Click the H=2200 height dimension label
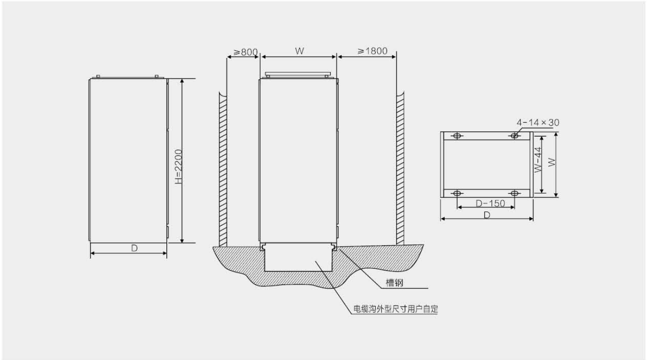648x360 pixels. pyautogui.click(x=179, y=167)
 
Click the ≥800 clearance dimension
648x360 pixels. pyautogui.click(x=245, y=52)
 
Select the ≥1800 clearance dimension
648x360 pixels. pyautogui.click(x=372, y=51)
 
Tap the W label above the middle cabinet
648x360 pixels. pyautogui.click(x=299, y=51)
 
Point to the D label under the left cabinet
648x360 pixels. pyautogui.click(x=134, y=248)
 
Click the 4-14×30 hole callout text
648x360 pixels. pyautogui.click(x=538, y=123)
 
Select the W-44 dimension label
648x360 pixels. pyautogui.click(x=538, y=160)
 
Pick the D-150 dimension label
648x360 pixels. pyautogui.click(x=490, y=203)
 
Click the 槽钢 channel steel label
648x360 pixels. pyautogui.click(x=394, y=283)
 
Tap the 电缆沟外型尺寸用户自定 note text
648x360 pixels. pyautogui.click(x=396, y=309)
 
